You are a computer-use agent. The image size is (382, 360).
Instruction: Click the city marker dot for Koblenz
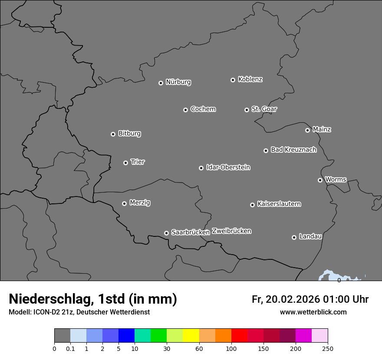[233, 80]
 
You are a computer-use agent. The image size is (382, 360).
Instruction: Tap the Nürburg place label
[178, 82]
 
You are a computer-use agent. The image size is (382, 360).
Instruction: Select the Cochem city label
[203, 109]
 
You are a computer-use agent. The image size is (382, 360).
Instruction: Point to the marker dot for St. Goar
[247, 110]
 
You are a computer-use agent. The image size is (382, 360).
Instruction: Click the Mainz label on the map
[322, 129]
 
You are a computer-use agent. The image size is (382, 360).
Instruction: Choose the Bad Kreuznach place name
[293, 150]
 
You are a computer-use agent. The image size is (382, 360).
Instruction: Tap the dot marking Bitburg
[113, 134]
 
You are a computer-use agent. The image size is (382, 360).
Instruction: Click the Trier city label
[138, 162]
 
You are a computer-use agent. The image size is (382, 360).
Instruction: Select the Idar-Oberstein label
[228, 167]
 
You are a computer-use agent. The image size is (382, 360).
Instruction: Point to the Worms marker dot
[320, 180]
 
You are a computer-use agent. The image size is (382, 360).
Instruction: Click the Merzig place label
[140, 203]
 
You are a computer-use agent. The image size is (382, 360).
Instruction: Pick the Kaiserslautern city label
[279, 204]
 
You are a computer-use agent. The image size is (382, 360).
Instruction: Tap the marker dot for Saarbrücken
[166, 233]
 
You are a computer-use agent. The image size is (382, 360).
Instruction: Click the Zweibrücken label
[231, 231]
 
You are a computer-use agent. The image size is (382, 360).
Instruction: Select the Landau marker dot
[294, 237]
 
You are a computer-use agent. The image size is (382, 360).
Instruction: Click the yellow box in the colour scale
[191, 336]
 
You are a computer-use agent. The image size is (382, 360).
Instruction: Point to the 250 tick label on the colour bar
[328, 348]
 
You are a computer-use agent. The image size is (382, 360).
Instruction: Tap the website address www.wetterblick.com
[313, 312]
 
